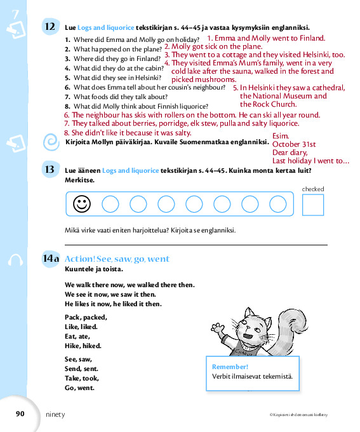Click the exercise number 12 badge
50,27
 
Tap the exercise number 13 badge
50,169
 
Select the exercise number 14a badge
51,259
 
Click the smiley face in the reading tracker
82,204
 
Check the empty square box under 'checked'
313,205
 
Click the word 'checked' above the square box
313,189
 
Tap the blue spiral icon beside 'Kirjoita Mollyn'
51,142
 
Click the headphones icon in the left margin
15,260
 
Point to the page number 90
20,414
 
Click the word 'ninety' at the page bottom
55,414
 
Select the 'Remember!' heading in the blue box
230,367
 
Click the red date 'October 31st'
294,144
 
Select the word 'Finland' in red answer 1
312,38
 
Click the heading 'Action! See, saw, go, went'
117,259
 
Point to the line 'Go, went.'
79,388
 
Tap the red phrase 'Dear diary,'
290,152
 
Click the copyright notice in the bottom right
298,414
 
